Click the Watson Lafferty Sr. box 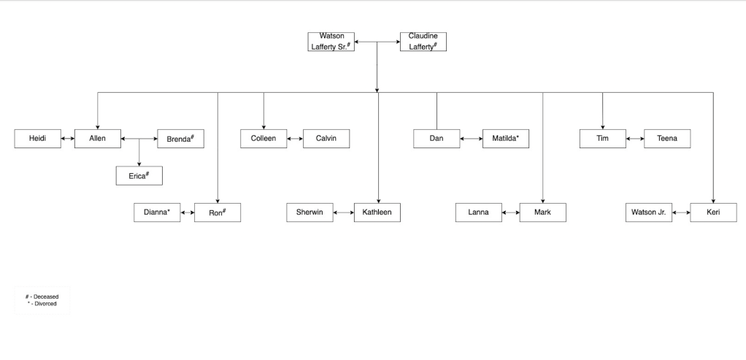pos(331,42)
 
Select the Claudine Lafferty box pos(423,42)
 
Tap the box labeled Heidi pos(37,139)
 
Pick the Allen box pos(98,139)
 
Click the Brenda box pos(180,139)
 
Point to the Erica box pos(139,176)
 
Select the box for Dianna pos(157,212)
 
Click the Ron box pos(218,212)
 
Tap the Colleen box pos(264,139)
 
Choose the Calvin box pos(326,139)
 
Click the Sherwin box pos(309,212)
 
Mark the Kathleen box pos(377,212)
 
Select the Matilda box pos(506,139)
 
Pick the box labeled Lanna pos(479,212)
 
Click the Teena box pos(666,139)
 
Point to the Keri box pos(713,212)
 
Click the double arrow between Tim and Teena pos(635,139)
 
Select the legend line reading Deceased pos(42,296)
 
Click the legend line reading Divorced pos(42,303)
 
